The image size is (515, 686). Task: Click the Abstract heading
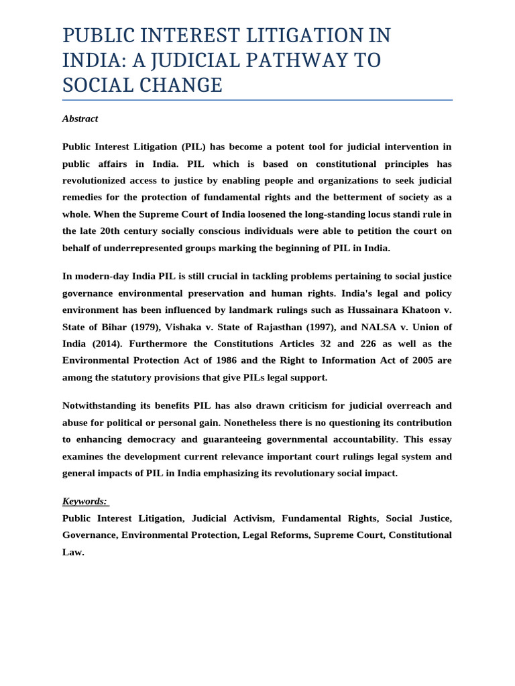tap(80, 119)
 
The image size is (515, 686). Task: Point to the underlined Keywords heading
tap(84, 501)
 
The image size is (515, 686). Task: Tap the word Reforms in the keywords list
tap(288, 535)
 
